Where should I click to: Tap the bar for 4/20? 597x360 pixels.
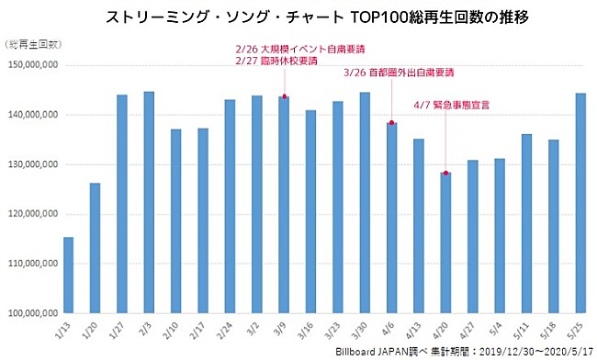(x=445, y=242)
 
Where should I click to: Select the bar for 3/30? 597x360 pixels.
(x=365, y=202)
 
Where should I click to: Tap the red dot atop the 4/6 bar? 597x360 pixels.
(x=392, y=123)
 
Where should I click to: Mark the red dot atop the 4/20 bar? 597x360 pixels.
(x=445, y=173)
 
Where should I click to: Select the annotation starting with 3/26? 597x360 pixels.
(x=401, y=72)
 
